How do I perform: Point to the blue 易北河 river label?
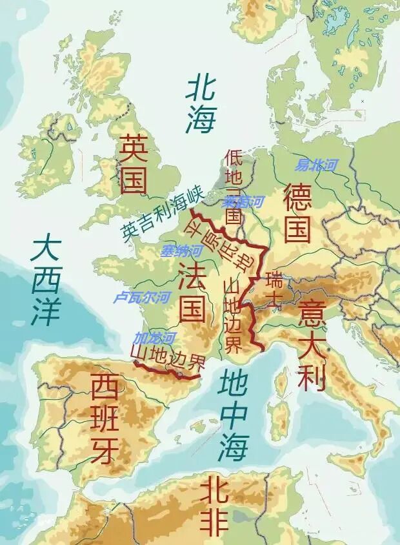point(316,165)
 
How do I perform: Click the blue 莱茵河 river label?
point(243,201)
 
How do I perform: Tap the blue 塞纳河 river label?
point(181,251)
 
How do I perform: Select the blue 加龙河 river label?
point(154,338)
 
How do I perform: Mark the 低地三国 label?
point(233,187)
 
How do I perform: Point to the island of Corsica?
point(282,382)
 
